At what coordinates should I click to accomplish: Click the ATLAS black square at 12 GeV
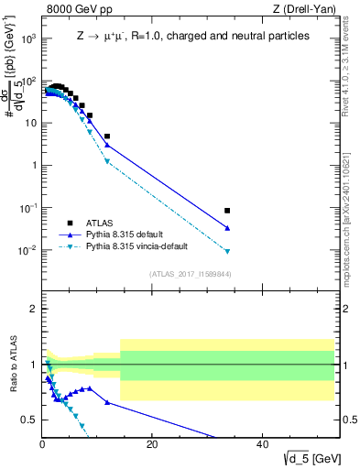coord(107,136)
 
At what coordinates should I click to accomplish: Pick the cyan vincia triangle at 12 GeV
coord(107,162)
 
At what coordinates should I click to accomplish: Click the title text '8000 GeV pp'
coord(73,9)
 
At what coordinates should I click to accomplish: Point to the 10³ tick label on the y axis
coord(29,38)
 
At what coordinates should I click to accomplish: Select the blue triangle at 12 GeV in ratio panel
coord(107,402)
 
